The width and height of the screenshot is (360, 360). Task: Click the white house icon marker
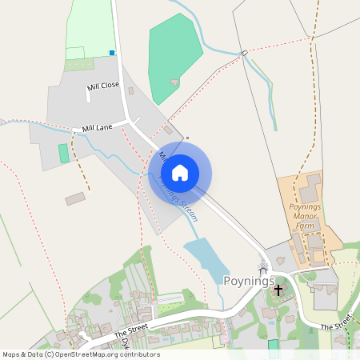pos(180,173)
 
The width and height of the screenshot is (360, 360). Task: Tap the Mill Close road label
pos(103,86)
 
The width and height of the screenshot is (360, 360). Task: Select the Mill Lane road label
pos(97,126)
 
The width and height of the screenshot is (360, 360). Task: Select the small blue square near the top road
pos(112,54)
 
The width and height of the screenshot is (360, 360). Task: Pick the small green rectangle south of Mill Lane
pos(64,154)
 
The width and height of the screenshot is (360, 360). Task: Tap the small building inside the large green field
pos(174,82)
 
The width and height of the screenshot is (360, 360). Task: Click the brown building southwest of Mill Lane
pos(75,198)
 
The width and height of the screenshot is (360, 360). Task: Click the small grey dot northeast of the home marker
pos(188,138)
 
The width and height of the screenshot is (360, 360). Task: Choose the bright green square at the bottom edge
pos(274,344)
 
